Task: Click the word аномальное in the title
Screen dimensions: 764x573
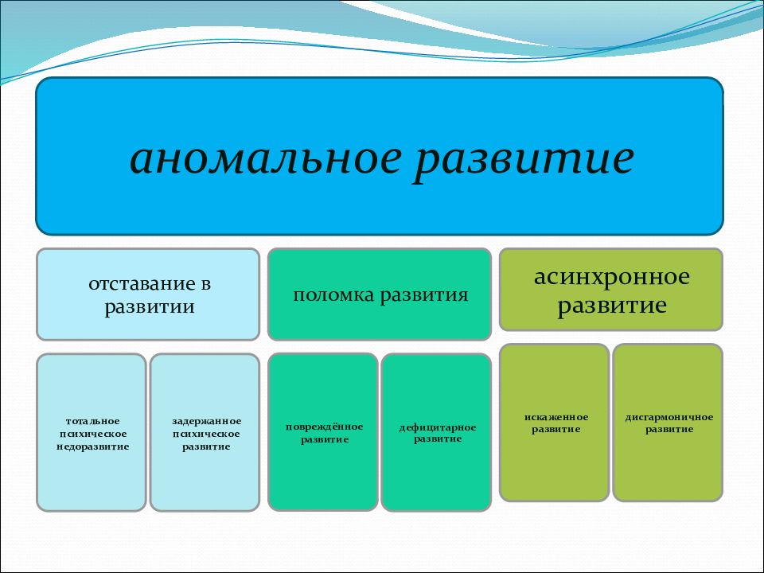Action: click(x=266, y=159)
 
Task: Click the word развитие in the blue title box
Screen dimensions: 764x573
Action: click(x=524, y=162)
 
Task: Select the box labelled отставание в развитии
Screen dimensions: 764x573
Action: click(x=148, y=294)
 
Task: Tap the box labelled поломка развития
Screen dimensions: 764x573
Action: click(x=380, y=294)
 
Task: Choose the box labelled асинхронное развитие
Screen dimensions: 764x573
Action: click(x=611, y=290)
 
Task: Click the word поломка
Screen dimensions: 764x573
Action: click(x=333, y=294)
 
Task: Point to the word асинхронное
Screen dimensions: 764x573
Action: click(x=611, y=277)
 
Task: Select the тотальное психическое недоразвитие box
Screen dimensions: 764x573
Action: click(x=92, y=433)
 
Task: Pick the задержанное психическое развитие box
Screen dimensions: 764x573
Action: click(x=205, y=433)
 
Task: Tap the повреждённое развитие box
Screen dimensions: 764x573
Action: click(x=323, y=432)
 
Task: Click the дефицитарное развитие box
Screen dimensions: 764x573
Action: click(x=436, y=433)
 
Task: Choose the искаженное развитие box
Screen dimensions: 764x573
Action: click(x=555, y=423)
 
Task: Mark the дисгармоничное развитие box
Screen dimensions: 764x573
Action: click(x=668, y=423)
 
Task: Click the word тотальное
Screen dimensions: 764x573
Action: click(x=92, y=421)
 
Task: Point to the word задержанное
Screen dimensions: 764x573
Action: click(x=207, y=422)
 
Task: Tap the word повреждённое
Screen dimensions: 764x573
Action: click(x=324, y=427)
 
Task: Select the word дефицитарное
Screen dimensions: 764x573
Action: click(x=438, y=428)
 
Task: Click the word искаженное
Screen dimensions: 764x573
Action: click(x=556, y=417)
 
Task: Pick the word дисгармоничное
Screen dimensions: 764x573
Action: click(x=669, y=418)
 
